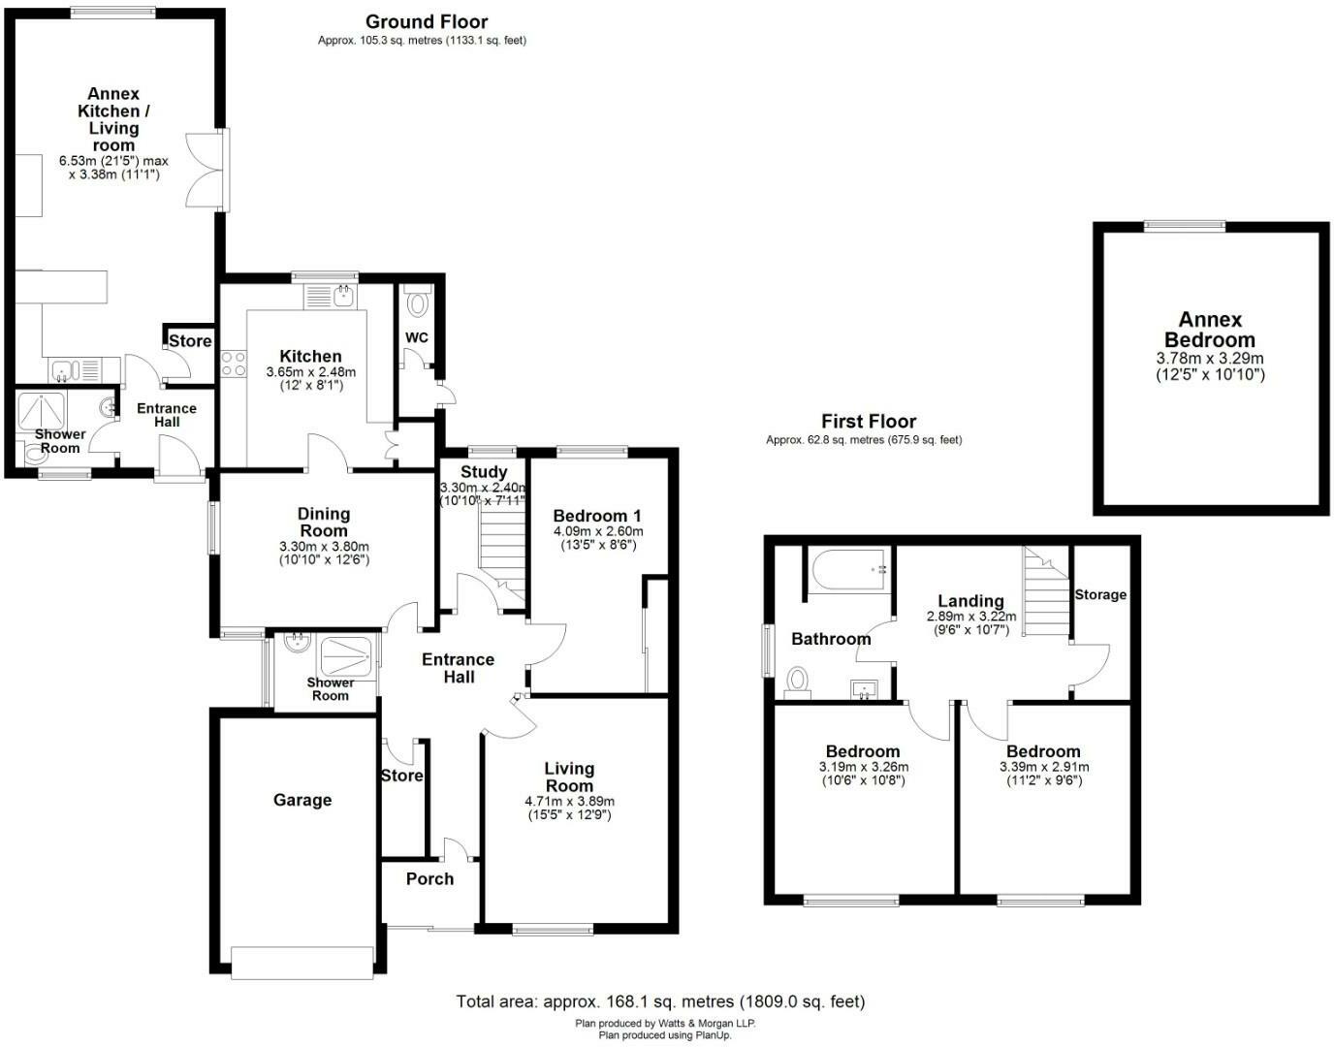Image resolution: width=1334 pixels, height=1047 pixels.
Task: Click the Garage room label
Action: pyautogui.click(x=302, y=800)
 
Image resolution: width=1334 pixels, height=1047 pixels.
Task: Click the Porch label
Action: pyautogui.click(x=429, y=878)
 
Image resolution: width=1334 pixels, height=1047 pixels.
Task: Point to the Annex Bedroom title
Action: pyautogui.click(x=1209, y=330)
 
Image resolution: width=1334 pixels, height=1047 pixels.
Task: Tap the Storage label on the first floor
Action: pyautogui.click(x=1100, y=594)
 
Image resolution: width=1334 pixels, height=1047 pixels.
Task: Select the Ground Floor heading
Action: pyautogui.click(x=426, y=21)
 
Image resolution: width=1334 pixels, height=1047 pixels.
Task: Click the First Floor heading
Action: pyautogui.click(x=868, y=421)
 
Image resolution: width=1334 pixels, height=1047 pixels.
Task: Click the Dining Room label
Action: pyautogui.click(x=324, y=523)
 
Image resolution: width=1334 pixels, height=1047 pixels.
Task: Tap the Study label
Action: pyautogui.click(x=483, y=472)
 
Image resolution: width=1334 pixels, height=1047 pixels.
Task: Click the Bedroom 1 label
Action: pyautogui.click(x=596, y=515)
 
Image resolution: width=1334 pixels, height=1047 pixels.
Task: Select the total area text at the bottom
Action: pyautogui.click(x=660, y=1001)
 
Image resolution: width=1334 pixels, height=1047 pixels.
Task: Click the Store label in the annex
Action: pyautogui.click(x=190, y=340)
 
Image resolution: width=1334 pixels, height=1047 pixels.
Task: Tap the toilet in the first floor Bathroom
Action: pyautogui.click(x=798, y=681)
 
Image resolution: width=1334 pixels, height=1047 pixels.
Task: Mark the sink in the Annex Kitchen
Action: pyautogui.click(x=64, y=369)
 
